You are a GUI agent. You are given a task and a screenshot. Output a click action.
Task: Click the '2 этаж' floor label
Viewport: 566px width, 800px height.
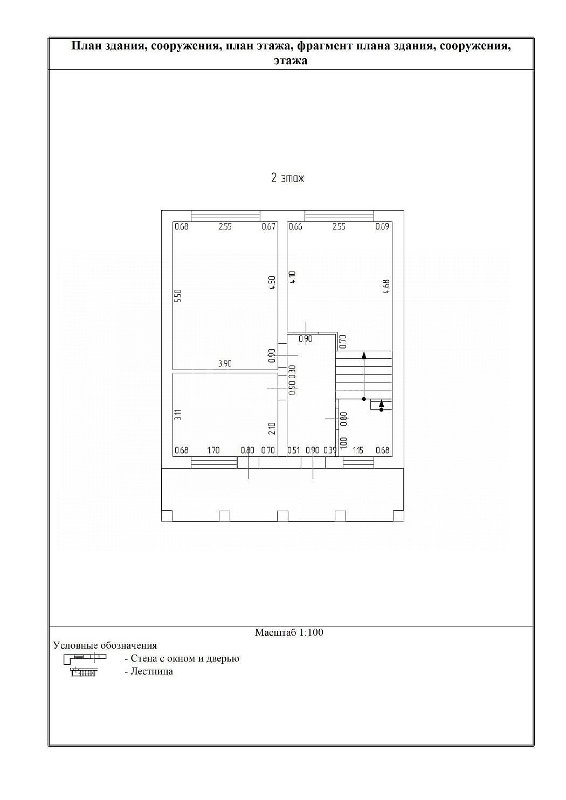click(x=287, y=178)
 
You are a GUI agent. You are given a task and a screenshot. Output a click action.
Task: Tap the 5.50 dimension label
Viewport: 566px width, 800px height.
click(x=178, y=296)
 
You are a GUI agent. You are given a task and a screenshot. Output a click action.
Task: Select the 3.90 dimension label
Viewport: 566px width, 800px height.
click(x=225, y=364)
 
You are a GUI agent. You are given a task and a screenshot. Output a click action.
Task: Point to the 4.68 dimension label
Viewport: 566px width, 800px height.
click(x=386, y=287)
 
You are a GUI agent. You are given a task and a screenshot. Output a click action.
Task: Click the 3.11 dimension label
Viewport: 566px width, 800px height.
click(x=178, y=414)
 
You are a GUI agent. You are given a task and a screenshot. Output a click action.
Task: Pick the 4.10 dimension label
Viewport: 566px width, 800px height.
click(x=292, y=277)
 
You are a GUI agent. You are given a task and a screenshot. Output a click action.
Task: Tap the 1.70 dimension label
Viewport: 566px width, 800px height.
click(x=213, y=450)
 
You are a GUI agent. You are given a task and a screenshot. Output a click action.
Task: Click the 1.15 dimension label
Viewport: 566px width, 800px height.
click(x=358, y=450)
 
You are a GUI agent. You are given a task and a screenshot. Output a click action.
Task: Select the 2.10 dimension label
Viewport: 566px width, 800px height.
click(x=272, y=428)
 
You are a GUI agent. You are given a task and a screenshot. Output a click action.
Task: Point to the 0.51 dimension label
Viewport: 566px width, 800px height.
click(x=294, y=450)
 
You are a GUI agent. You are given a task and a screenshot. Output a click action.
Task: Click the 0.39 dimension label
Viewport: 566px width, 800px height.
click(x=330, y=450)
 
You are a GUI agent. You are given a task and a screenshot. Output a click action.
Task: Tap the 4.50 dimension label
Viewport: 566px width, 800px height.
click(x=272, y=282)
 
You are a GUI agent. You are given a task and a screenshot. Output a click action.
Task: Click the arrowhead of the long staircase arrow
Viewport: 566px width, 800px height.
click(x=364, y=354)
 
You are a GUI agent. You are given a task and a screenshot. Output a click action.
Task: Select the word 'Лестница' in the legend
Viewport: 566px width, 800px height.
click(x=152, y=671)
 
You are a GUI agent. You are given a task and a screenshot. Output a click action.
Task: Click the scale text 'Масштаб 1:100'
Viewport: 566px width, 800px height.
click(x=289, y=632)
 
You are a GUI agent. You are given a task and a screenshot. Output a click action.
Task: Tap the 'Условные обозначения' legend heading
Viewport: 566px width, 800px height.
click(x=105, y=645)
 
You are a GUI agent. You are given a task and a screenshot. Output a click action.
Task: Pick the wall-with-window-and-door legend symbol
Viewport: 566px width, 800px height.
click(x=85, y=658)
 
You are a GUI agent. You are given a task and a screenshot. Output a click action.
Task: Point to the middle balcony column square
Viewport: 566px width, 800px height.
click(x=282, y=516)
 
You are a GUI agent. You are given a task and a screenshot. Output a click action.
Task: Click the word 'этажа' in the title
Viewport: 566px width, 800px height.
click(x=291, y=60)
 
